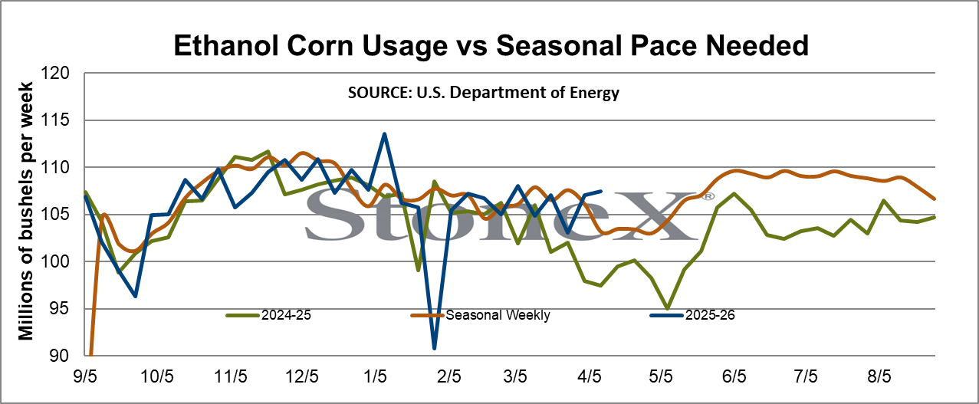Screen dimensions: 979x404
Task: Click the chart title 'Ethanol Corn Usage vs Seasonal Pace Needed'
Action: [x=491, y=45]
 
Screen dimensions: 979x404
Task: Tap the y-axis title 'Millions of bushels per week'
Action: [x=25, y=211]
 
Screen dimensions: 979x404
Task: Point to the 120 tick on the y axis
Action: [x=54, y=73]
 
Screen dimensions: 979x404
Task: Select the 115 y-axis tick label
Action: [x=54, y=120]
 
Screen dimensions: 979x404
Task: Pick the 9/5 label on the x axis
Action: [x=85, y=376]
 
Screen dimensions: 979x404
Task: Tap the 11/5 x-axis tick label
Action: [x=231, y=376]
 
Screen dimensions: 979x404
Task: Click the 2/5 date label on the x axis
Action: [x=448, y=376]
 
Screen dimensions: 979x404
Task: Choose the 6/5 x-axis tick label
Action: [x=734, y=376]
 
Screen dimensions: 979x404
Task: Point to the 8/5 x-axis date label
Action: [x=879, y=376]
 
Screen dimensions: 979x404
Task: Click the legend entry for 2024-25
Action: [x=268, y=315]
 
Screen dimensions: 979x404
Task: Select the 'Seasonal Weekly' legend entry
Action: [x=481, y=315]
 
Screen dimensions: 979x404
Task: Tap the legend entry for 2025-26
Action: [x=692, y=315]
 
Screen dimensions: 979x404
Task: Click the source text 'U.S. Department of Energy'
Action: [x=518, y=93]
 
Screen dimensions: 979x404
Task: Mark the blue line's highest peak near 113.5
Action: [x=384, y=134]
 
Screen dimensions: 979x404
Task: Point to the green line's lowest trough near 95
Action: [x=668, y=308]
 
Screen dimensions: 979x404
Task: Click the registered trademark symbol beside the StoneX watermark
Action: [x=708, y=197]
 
